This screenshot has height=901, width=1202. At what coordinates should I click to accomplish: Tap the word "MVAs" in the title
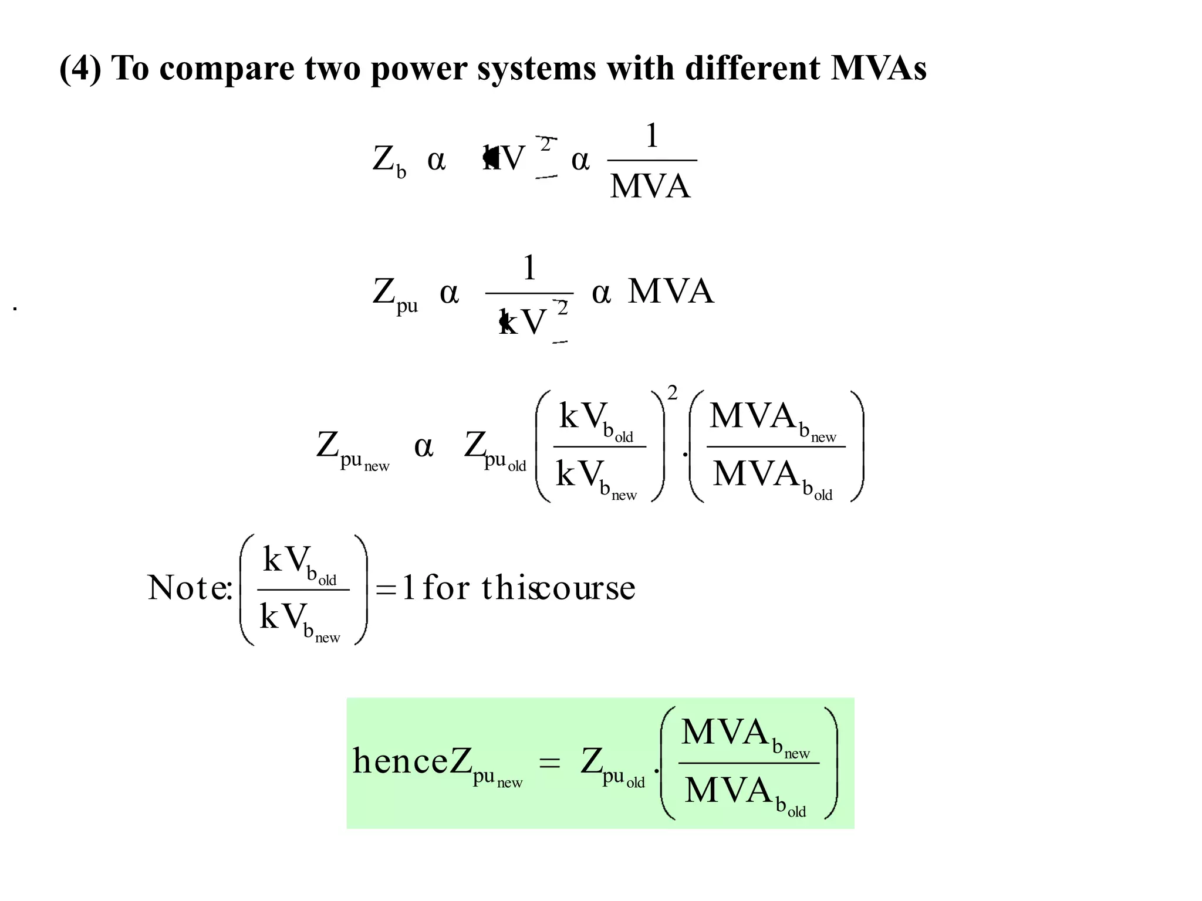click(x=878, y=68)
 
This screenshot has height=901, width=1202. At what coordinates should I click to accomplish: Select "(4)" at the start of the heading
click(x=80, y=69)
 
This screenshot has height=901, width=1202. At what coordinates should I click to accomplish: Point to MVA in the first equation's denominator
click(x=650, y=187)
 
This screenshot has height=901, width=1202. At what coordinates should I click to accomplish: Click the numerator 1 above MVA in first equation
click(x=651, y=136)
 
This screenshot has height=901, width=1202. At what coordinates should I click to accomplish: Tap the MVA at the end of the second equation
click(x=671, y=291)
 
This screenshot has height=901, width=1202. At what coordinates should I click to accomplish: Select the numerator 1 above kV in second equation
click(x=529, y=268)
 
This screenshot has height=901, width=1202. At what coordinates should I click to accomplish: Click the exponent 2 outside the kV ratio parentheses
click(x=672, y=393)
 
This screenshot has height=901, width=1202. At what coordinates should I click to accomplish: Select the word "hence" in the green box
click(x=400, y=761)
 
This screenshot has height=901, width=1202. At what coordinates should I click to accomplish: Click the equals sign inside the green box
click(x=549, y=763)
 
